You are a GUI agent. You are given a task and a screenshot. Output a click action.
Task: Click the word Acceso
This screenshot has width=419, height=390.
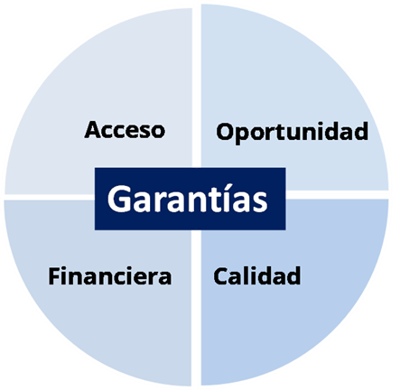click(125, 130)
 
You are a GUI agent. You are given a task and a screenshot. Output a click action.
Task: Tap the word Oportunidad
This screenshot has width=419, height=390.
click(292, 132)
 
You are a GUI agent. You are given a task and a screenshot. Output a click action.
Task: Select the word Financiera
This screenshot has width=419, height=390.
click(110, 276)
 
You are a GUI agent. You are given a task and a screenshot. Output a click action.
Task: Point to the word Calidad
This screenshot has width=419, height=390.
click(257, 275)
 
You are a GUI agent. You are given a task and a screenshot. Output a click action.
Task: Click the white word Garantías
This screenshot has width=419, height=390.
click(187, 199)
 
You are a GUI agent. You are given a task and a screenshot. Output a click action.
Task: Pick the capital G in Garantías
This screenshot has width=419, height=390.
click(118, 200)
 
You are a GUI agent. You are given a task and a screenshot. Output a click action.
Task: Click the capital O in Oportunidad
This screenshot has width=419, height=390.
click(226, 132)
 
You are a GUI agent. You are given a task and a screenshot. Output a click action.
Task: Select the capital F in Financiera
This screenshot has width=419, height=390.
click(54, 276)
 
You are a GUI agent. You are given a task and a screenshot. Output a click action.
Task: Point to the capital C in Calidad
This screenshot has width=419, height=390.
click(221, 276)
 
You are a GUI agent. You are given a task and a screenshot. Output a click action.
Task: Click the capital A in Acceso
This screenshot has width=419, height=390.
click(94, 130)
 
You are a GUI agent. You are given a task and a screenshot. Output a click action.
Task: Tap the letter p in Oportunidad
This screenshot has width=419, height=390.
click(246, 135)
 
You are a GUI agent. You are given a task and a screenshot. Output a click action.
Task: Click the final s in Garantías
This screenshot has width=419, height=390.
click(259, 201)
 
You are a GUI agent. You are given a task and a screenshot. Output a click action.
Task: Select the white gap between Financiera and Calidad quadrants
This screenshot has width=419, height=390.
click(196, 308)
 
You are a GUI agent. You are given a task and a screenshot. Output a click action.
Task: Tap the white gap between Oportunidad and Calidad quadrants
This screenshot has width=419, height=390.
click(337, 194)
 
